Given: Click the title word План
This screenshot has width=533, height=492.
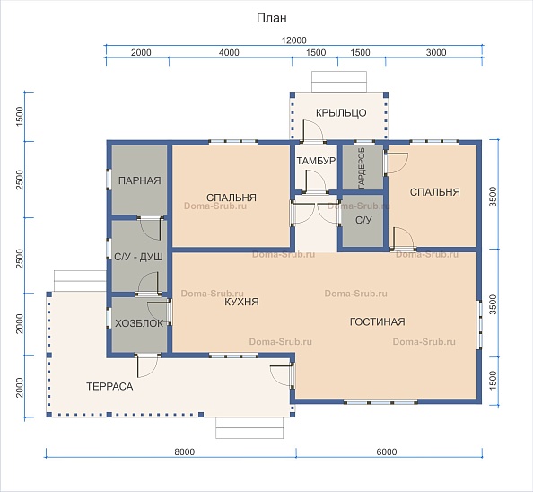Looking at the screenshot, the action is pos(271,18).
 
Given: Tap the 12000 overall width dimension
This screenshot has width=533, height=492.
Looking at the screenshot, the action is pos(293,40).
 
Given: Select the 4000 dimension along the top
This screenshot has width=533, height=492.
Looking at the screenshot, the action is pos(229,52).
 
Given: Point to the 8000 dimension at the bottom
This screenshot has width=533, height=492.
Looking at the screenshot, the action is pos(185,452).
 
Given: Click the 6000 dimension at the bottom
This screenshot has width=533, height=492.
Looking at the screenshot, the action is pos(387,452).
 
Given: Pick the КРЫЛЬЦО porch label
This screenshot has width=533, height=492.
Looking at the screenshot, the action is pos(341,112).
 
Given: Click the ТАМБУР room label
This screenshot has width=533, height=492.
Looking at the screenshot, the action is pos(316,161).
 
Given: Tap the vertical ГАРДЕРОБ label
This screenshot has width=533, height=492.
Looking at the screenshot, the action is pos(362,168).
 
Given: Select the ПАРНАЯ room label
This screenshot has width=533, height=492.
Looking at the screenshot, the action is pos(139,180).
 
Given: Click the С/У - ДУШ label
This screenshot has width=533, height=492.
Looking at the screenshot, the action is pos(138,257).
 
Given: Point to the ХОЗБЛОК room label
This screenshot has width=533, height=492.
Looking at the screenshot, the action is pos(139,323).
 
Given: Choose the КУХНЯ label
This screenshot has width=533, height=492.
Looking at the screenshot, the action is pos(241,302).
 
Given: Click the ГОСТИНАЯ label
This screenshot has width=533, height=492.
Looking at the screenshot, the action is pos(377,321).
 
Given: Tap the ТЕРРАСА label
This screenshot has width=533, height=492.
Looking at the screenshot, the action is pos(109,386).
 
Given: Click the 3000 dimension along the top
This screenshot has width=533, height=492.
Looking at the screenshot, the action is pos(436,52).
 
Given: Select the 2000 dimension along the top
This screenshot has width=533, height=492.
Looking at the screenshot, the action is pos(141,52).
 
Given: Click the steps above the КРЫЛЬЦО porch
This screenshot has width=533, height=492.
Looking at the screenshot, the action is pos(339,82).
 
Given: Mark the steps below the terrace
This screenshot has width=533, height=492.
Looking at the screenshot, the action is pos(249,427).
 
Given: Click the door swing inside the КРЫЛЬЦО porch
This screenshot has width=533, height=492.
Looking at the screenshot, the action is pos(313,129).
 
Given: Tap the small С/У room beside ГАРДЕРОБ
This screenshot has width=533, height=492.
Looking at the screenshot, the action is pos(363,221).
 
